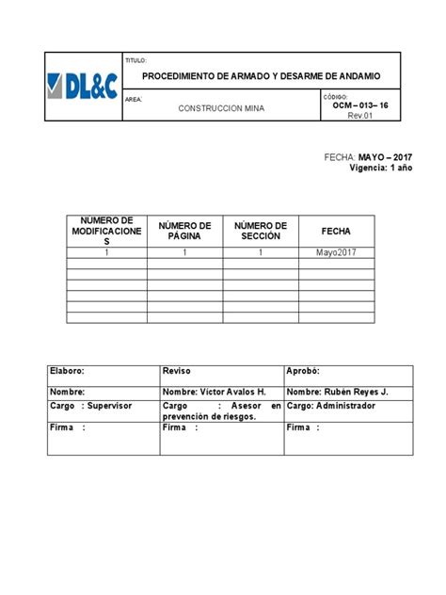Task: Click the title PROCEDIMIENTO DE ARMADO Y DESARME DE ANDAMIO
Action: coord(262,75)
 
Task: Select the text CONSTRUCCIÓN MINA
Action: coord(222,109)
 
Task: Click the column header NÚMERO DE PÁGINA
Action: coord(185,231)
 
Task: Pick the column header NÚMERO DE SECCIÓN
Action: coord(261,231)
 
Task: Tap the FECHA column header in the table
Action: coord(335,231)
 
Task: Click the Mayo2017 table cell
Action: coord(325,252)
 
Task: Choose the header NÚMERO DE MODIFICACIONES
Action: coord(106,231)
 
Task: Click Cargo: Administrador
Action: coord(331,406)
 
